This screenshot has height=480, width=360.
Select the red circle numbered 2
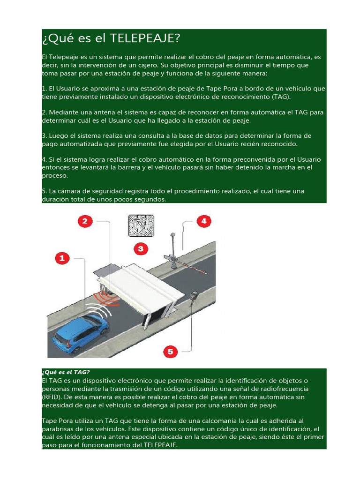85,222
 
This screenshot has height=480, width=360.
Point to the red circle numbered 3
141,248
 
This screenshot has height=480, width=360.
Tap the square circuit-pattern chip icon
141,225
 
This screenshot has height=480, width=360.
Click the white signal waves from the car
101,312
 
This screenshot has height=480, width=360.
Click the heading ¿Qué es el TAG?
66,372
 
